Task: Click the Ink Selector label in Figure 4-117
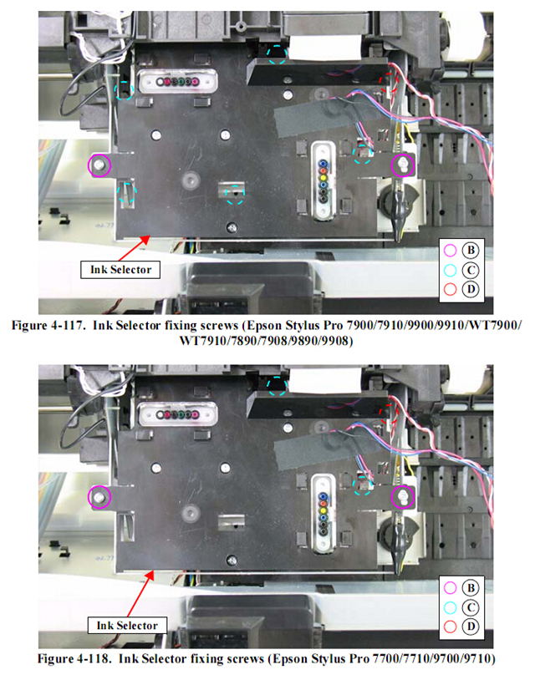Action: point(120,269)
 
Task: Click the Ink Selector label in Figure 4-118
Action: point(127,626)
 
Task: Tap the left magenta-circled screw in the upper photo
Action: point(99,165)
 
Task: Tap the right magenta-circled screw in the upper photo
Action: point(403,165)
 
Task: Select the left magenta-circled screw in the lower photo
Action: point(99,497)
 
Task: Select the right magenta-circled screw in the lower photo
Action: point(403,497)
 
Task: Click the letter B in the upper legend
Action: point(471,251)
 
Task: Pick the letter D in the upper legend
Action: point(471,288)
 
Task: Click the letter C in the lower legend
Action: point(471,607)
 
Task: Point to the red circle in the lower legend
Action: point(451,627)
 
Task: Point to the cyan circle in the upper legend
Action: point(451,270)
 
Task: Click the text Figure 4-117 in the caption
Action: point(48,325)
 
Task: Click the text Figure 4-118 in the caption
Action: point(74,659)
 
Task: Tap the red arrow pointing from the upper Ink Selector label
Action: point(134,247)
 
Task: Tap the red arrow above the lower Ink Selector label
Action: point(141,593)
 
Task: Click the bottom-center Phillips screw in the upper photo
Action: point(232,227)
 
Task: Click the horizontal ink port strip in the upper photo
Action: point(177,81)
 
